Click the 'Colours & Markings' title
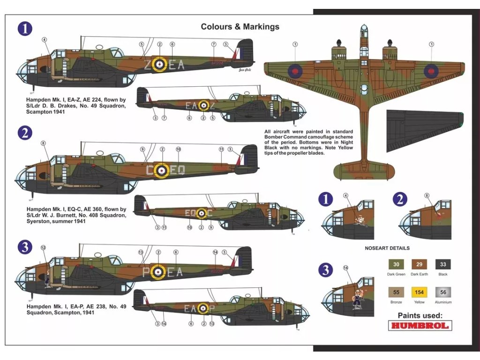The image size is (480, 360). [240, 27]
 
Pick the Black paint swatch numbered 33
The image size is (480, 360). [442, 264]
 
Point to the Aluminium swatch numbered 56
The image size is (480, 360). [442, 292]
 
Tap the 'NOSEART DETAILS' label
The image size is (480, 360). [387, 248]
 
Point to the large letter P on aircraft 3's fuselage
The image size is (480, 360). [146, 272]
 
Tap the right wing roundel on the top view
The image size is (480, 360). [431, 71]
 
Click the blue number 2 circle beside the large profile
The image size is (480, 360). [24, 133]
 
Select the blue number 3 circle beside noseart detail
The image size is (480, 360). [325, 270]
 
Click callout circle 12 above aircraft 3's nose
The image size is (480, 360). [43, 247]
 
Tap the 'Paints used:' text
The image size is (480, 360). [420, 315]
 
